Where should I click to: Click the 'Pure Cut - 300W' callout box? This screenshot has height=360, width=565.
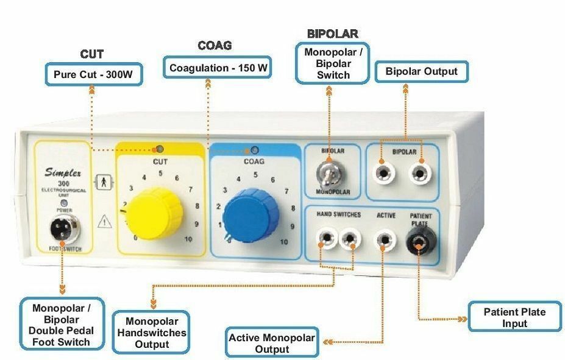tap(93, 76)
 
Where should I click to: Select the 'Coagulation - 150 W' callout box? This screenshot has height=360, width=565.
tap(218, 68)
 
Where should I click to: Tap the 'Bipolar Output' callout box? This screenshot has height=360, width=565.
tap(421, 72)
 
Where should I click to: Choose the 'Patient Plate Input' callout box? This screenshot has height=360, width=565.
tap(514, 317)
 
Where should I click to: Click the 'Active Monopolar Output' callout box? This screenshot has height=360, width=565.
tap(272, 343)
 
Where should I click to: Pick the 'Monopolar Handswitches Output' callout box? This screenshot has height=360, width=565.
tap(152, 332)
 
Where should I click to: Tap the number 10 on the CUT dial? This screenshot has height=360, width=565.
tap(187, 239)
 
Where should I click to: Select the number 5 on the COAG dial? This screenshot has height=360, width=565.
tap(255, 175)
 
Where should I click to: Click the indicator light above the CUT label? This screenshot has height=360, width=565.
tap(160, 149)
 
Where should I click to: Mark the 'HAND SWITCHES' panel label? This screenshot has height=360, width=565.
tap(338, 215)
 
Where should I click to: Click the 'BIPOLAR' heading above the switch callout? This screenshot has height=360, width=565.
tap(332, 34)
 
